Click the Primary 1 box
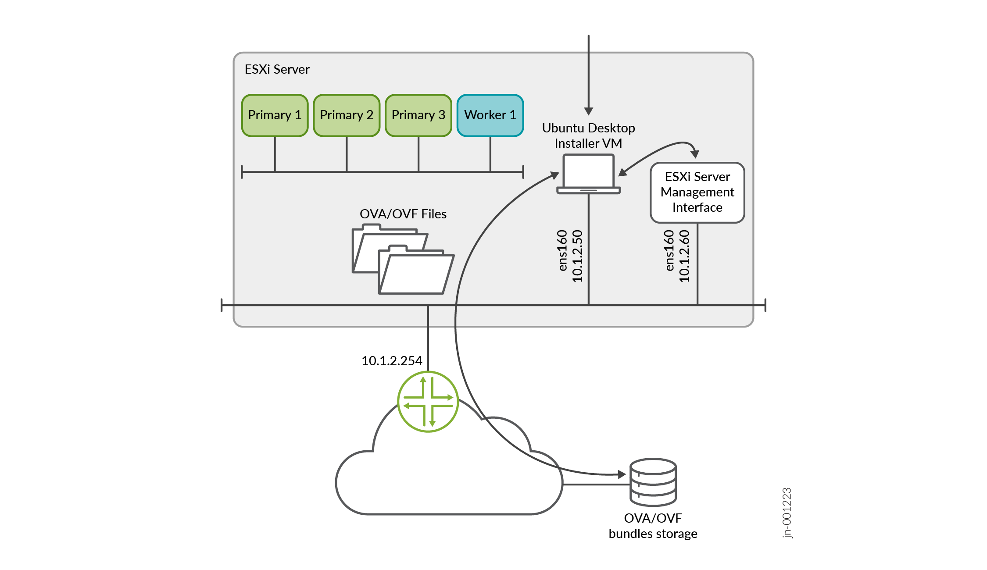[x=275, y=115]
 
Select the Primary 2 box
[x=347, y=115]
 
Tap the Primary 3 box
[x=418, y=115]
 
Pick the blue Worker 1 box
[x=490, y=115]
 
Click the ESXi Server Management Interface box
[x=697, y=192]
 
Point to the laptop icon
[x=588, y=174]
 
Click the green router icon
[x=428, y=402]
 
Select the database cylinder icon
[x=653, y=482]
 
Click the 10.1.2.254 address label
[x=392, y=361]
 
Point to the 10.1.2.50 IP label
[x=577, y=256]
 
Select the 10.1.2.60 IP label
[x=684, y=256]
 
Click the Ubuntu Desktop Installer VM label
[x=588, y=135]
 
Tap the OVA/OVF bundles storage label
[x=653, y=526]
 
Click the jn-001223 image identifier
[x=787, y=513]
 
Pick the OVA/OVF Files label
[x=403, y=214]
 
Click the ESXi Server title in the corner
[x=277, y=69]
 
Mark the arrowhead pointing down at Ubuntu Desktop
[x=589, y=111]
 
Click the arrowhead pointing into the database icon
[x=622, y=474]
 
